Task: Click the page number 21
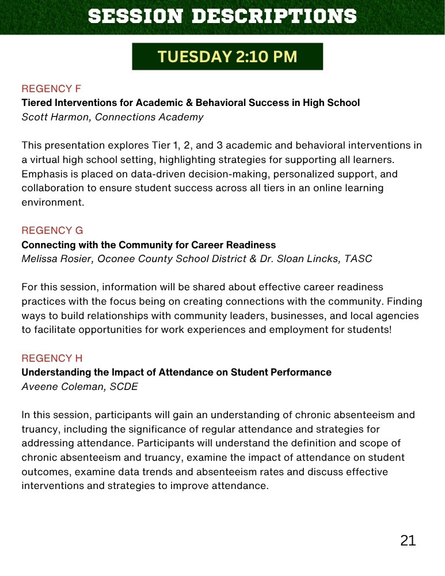(408, 540)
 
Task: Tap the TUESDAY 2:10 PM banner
(227, 56)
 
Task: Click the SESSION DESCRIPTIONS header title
(222, 16)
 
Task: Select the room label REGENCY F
(51, 89)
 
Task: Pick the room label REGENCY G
(52, 230)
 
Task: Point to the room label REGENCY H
(52, 358)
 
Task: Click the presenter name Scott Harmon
(50, 117)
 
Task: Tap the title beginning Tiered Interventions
(191, 103)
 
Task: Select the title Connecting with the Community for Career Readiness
(149, 245)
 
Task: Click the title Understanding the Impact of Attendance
(176, 373)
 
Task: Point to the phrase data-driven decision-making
(163, 174)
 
